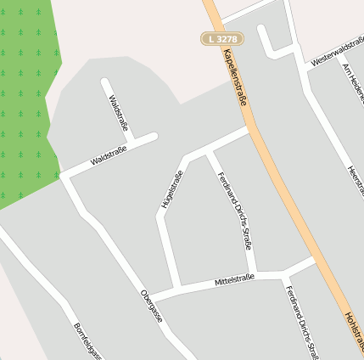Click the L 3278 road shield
click(222, 38)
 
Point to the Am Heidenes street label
click(351, 82)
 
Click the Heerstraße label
click(353, 183)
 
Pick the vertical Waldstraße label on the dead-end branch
click(118, 114)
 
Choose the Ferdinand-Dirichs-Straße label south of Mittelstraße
click(301, 323)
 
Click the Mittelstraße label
click(234, 279)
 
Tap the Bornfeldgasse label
click(87, 340)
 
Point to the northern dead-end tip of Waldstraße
click(104, 82)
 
